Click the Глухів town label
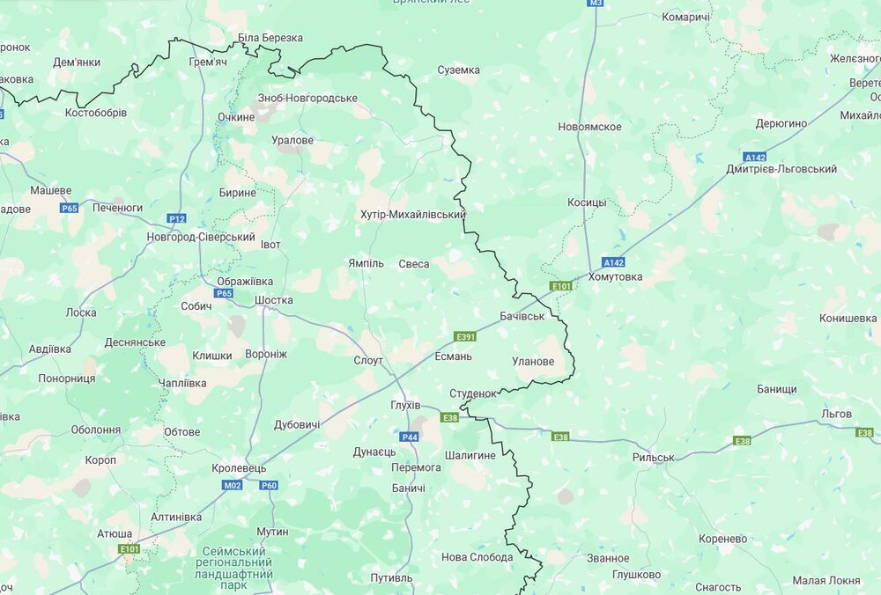(x=405, y=406)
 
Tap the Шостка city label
(x=273, y=300)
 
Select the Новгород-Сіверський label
(x=201, y=238)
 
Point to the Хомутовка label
(x=616, y=276)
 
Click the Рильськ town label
(x=653, y=458)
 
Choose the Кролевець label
(x=239, y=468)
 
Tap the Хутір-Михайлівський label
(x=413, y=215)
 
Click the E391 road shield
(x=465, y=336)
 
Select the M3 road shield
(x=596, y=4)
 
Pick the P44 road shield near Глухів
(x=410, y=437)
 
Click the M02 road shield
(x=233, y=485)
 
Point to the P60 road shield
(x=269, y=485)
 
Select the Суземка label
(x=459, y=70)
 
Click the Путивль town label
(x=391, y=578)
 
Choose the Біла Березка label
(x=270, y=38)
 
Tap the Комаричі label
(x=685, y=17)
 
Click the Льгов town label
(x=836, y=414)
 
